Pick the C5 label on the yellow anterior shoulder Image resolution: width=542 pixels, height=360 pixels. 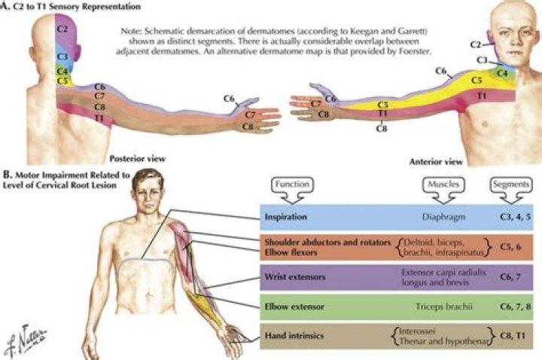coord(477,79)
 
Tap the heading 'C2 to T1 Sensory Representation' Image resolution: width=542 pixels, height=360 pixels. coord(72,6)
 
